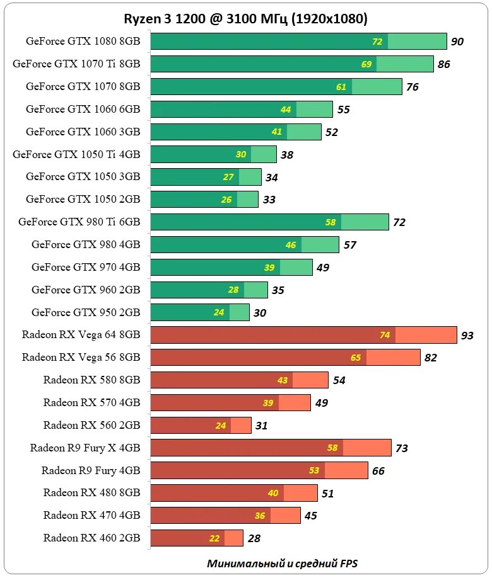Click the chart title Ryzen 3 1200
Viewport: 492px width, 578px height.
point(245,19)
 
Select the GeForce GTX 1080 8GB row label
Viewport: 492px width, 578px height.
point(83,42)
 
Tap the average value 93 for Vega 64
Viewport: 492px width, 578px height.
point(467,336)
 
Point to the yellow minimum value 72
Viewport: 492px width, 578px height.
point(377,42)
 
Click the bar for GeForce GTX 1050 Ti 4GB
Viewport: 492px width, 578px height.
point(213,154)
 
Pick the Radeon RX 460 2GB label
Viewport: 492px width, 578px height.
point(91,538)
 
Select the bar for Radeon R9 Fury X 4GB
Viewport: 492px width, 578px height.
point(271,448)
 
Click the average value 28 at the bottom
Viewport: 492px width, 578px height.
point(254,538)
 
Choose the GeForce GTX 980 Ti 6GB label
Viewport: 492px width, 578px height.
point(79,222)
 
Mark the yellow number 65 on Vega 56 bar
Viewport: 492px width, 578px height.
point(356,358)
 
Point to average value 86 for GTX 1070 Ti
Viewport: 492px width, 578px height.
point(444,64)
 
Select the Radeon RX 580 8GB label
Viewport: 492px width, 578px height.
point(91,380)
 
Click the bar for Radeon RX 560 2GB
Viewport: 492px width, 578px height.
point(201,425)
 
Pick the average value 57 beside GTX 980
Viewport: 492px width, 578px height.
point(350,245)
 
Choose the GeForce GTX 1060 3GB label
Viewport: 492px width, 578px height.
point(83,132)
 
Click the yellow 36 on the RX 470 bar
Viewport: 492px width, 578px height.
point(260,516)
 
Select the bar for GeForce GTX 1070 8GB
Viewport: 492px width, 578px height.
point(276,86)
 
